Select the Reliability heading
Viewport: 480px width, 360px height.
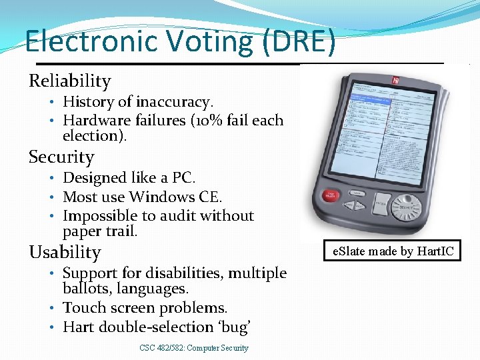[69, 81]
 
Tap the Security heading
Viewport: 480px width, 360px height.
[61, 157]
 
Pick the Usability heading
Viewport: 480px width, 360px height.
[65, 253]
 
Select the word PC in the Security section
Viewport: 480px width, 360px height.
[183, 178]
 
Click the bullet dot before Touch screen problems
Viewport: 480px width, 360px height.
[52, 309]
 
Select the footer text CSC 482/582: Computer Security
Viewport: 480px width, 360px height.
[194, 348]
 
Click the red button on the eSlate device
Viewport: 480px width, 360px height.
[331, 197]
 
